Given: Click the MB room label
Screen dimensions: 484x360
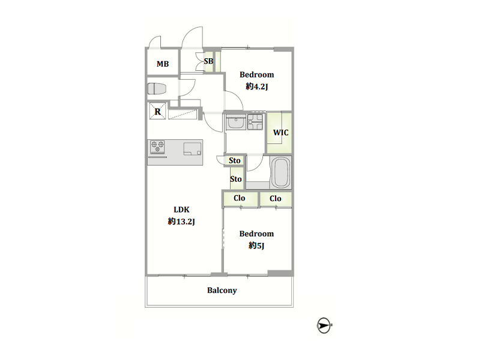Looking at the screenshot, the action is tap(163, 64).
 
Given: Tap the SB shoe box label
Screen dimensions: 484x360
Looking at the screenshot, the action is tap(208, 61).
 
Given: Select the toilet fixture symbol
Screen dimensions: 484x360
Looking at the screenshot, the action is tap(157, 89).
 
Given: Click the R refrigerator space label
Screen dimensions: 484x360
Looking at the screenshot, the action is tap(158, 112).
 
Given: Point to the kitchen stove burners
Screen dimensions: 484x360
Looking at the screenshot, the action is tap(157, 146).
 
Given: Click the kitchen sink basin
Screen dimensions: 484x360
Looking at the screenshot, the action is tap(192, 149).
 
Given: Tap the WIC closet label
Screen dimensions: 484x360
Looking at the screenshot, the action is tap(280, 133).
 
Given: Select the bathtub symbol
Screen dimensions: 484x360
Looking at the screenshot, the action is tap(280, 172).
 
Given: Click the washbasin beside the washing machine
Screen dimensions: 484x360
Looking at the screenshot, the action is tap(236, 122).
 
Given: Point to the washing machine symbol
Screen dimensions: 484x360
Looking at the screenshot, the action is tap(255, 122).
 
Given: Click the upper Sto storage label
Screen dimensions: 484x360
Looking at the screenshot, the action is tap(235, 160).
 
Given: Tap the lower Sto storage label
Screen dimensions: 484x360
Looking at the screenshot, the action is tap(236, 179).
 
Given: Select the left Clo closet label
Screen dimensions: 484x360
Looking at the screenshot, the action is tap(239, 198).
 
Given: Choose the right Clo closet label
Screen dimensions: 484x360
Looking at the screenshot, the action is tap(276, 199).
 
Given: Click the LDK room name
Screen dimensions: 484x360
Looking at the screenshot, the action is tap(181, 210).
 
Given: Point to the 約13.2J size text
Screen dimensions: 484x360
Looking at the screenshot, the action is tap(181, 221).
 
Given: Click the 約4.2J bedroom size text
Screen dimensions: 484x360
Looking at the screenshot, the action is tap(257, 86).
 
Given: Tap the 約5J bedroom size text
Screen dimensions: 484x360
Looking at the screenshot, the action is tap(256, 245).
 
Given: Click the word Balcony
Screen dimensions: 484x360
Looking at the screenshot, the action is tap(222, 290).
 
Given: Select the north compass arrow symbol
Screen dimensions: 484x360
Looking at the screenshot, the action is tap(324, 325).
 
